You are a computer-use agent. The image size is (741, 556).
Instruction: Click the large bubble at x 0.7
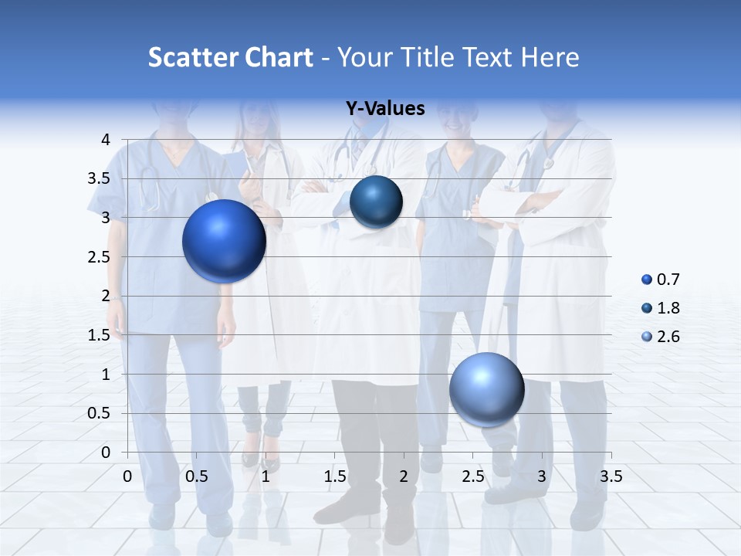224,241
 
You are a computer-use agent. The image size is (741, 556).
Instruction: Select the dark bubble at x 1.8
376,202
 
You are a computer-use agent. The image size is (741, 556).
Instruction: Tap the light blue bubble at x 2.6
486,389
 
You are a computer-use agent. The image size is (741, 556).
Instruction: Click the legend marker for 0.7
647,280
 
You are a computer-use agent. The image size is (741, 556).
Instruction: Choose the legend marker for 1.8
647,308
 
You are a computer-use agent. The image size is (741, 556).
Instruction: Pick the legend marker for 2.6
647,337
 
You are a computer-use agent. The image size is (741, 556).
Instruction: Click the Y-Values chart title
385,108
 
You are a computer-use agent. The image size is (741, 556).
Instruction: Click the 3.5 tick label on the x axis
611,476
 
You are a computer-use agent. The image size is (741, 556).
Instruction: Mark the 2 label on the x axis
404,476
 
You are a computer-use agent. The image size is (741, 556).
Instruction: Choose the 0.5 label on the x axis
197,476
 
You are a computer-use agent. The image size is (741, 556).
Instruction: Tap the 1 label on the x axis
266,476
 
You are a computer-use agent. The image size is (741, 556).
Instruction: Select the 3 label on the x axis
542,476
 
